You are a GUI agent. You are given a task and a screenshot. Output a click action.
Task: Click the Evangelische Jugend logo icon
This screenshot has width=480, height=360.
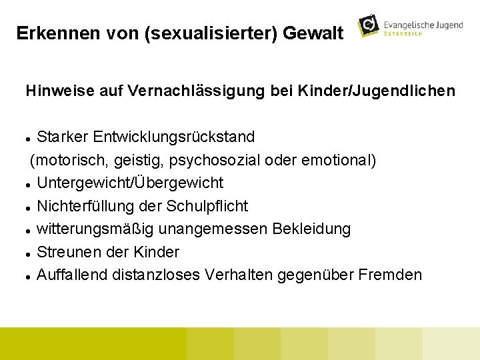(369, 26)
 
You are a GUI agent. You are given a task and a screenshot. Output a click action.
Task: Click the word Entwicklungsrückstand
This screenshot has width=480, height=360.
(174, 137)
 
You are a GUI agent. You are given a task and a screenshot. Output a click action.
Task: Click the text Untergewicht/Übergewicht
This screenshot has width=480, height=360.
(130, 183)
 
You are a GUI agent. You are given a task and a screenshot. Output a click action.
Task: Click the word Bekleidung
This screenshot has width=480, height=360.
(311, 229)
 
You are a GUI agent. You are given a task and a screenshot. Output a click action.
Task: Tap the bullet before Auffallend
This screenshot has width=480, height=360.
(29, 276)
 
